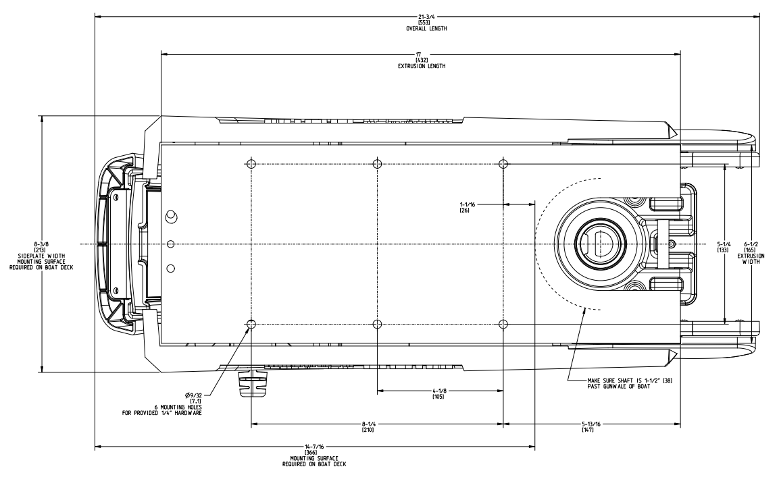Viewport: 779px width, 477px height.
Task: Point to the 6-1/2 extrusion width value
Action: click(x=746, y=244)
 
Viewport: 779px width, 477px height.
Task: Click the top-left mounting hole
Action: click(x=251, y=164)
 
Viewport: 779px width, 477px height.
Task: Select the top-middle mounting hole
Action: click(x=377, y=164)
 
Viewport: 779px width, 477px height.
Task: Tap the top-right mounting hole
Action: click(x=503, y=164)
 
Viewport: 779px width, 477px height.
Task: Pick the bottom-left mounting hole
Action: click(x=251, y=325)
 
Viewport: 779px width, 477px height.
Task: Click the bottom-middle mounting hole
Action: click(x=377, y=325)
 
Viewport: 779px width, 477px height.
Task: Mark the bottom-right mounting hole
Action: click(x=503, y=325)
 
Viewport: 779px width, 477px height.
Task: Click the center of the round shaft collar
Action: click(x=595, y=244)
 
